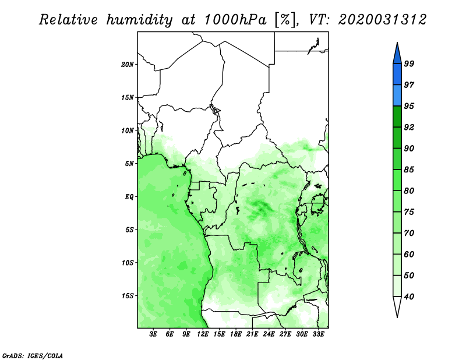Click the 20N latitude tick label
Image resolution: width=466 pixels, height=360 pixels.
click(128, 65)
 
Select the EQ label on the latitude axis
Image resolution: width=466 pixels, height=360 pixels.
click(129, 197)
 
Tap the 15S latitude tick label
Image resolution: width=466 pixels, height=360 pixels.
click(128, 296)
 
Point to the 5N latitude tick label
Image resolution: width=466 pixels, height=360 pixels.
click(129, 164)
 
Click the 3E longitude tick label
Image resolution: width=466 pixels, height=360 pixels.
click(153, 334)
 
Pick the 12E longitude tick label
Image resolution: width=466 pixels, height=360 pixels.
click(203, 334)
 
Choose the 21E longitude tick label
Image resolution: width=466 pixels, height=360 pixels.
click(252, 334)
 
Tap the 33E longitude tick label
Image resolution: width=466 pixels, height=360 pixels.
click(318, 334)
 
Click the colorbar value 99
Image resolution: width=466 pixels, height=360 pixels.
click(409, 63)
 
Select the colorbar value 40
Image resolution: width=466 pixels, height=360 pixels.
click(409, 297)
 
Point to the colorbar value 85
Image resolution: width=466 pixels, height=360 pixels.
click(409, 170)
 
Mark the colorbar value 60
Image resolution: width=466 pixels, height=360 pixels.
click(409, 255)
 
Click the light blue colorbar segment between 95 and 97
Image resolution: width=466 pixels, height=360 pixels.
click(397, 96)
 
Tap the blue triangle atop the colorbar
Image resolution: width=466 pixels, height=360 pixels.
click(397, 55)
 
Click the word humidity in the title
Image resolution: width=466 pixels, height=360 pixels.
click(139, 20)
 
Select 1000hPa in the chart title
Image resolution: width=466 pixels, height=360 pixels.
click(235, 20)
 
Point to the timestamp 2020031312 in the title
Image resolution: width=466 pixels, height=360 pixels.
click(382, 20)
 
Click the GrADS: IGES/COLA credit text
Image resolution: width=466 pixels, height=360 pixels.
click(33, 356)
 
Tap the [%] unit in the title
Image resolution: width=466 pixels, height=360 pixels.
click(285, 20)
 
